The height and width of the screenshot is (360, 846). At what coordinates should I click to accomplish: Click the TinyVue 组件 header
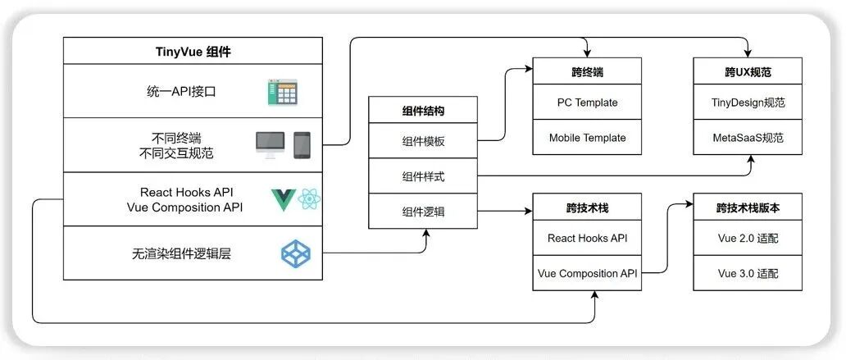(193, 51)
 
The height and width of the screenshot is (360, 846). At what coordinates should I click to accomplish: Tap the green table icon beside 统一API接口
(283, 93)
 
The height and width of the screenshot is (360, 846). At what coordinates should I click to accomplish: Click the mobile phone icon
(302, 145)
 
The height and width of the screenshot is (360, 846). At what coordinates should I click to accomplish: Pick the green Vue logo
(284, 200)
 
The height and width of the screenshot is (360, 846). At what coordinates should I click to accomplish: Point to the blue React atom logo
(309, 200)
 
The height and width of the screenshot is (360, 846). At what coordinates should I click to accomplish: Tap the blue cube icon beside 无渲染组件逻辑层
(296, 253)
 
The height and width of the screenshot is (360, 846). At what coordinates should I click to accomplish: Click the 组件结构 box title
(424, 111)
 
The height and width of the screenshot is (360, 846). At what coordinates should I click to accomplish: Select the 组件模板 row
(424, 141)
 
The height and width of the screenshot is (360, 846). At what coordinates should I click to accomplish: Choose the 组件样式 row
(424, 176)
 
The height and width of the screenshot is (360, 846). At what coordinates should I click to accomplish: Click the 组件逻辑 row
(424, 211)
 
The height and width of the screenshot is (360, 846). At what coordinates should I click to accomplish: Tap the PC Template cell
(587, 102)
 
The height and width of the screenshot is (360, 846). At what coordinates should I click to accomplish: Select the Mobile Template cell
(587, 137)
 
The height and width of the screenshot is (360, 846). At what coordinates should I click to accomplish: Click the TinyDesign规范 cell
(748, 102)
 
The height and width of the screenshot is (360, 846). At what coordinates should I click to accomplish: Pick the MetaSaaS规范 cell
(748, 137)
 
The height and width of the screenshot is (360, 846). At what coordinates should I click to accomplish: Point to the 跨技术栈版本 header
(748, 207)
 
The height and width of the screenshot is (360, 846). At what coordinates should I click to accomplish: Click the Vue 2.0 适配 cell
(748, 238)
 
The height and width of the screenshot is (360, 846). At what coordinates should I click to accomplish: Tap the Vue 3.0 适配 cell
(748, 273)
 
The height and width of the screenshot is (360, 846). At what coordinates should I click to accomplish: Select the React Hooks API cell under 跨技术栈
(587, 238)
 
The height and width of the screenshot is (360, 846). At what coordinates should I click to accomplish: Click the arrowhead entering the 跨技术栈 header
(529, 211)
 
